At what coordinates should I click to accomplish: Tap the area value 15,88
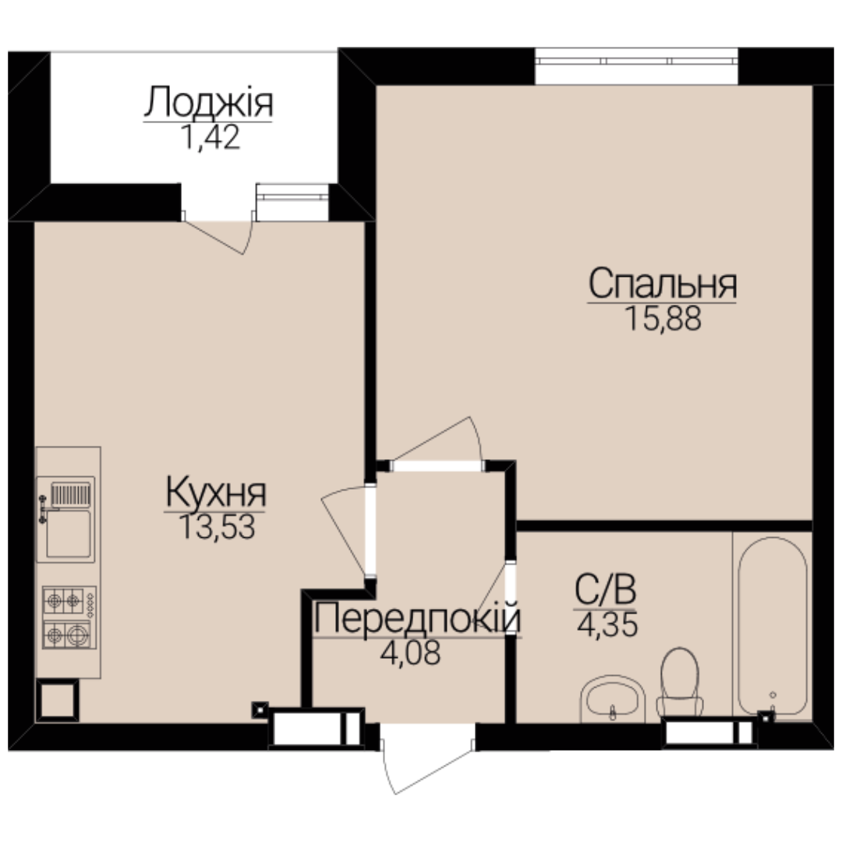click(x=663, y=318)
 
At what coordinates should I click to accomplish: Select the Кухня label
click(x=216, y=493)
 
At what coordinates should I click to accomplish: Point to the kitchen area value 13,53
click(x=217, y=527)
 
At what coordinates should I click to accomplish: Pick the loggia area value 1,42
click(x=210, y=136)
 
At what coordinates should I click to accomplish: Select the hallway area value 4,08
click(x=410, y=653)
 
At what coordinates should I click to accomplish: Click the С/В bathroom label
click(x=605, y=589)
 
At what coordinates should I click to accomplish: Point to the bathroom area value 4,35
click(x=607, y=624)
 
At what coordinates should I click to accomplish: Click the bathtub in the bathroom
click(x=772, y=625)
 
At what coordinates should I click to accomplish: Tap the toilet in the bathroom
click(x=680, y=682)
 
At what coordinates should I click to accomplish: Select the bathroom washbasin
click(x=613, y=698)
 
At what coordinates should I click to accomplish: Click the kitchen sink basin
click(x=68, y=533)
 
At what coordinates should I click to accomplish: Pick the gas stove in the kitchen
click(x=69, y=617)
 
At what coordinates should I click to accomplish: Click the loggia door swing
click(x=219, y=235)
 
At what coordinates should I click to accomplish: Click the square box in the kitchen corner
click(x=58, y=700)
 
